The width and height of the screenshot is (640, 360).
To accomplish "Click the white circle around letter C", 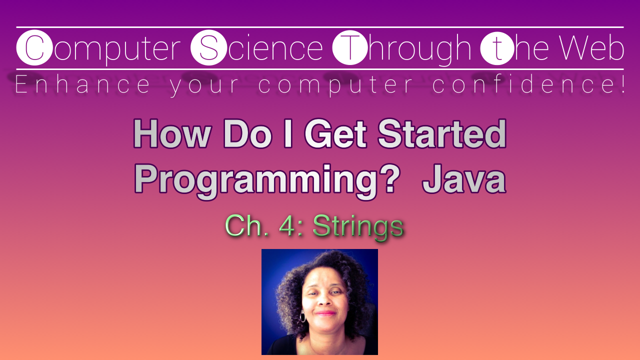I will [x=34, y=48].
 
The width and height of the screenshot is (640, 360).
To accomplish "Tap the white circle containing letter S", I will [x=208, y=48].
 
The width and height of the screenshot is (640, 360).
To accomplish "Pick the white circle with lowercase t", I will [x=497, y=48].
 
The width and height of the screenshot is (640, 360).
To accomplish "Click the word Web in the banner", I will [x=591, y=48].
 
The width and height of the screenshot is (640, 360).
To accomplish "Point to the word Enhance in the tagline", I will [x=82, y=85].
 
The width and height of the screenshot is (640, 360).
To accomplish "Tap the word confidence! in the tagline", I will [x=529, y=85].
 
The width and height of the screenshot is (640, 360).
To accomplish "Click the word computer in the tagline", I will [x=336, y=85].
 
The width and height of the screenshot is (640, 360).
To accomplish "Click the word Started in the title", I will [x=442, y=134].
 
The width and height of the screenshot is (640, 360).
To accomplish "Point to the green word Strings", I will [x=358, y=226].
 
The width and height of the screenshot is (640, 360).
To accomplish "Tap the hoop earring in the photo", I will [x=302, y=317].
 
